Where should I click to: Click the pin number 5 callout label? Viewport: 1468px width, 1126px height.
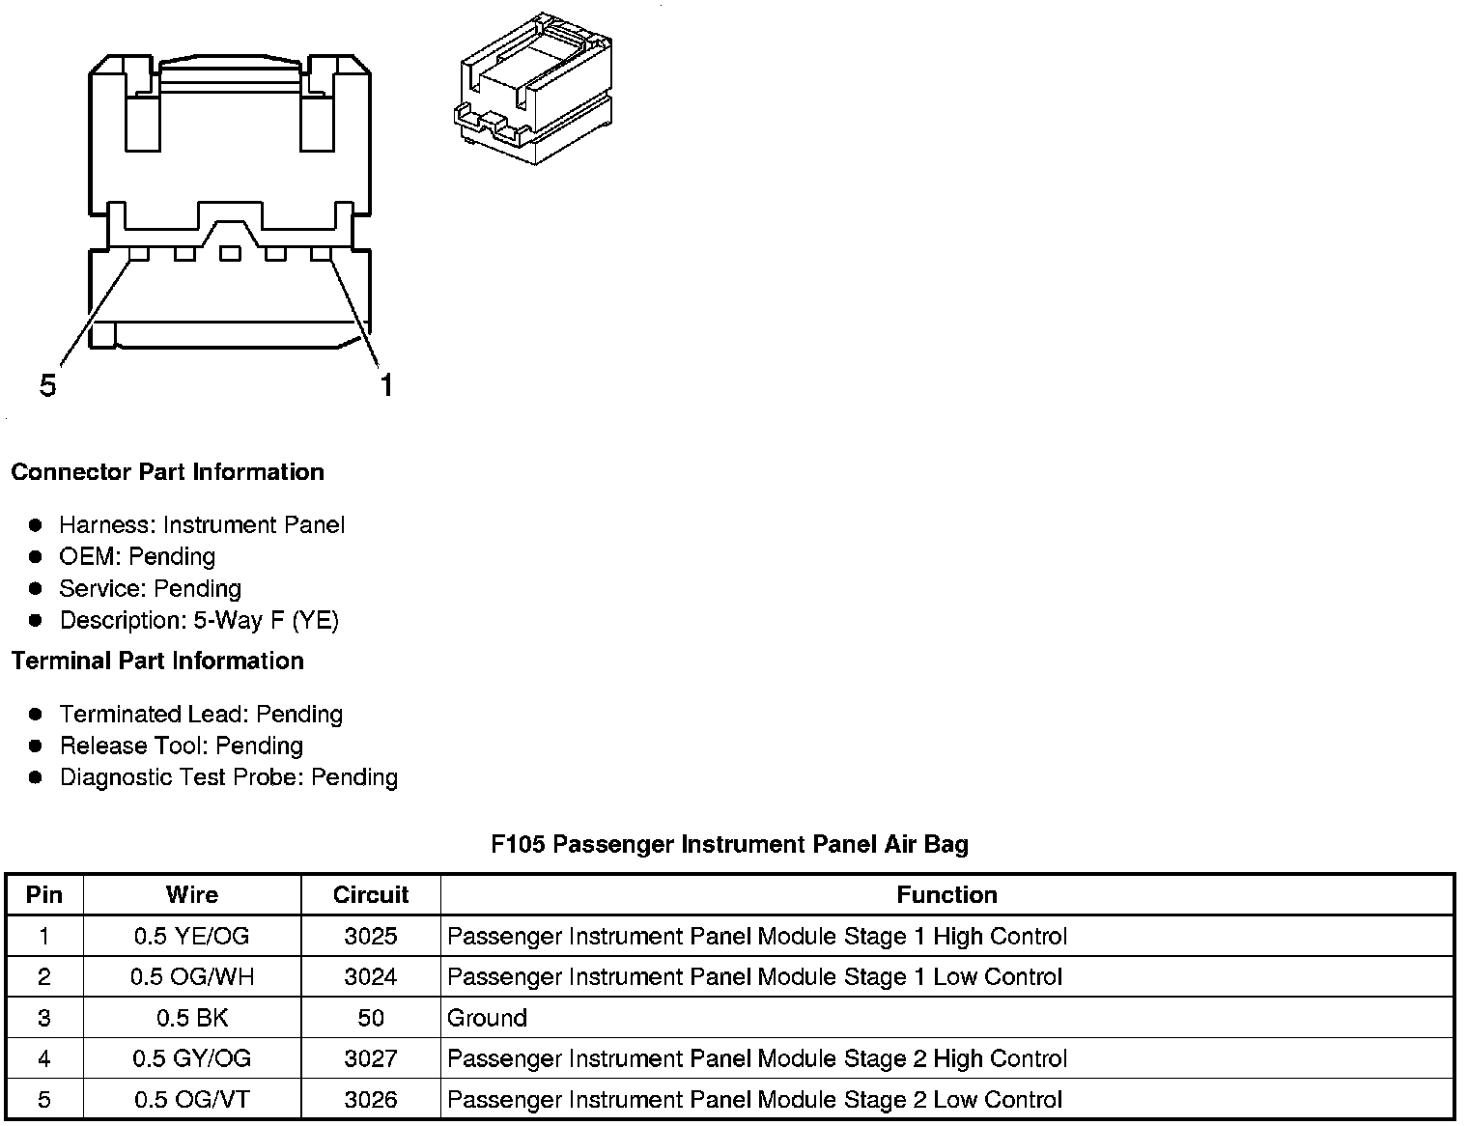click(48, 385)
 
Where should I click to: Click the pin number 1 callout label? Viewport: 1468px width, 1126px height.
click(386, 385)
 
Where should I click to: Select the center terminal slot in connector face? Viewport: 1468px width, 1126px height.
click(229, 254)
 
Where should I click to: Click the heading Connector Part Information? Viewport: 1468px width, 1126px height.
click(167, 472)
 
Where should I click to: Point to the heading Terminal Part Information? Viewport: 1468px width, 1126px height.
click(157, 661)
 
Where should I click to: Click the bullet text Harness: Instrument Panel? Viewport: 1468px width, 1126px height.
click(202, 524)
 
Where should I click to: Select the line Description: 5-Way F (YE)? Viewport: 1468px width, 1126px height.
click(199, 620)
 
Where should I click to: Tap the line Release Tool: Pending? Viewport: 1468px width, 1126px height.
click(182, 746)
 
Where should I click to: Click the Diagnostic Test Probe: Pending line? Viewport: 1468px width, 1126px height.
click(229, 777)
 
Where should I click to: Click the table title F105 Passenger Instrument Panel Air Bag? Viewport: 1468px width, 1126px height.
click(729, 844)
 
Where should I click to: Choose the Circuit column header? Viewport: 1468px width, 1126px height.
click(371, 894)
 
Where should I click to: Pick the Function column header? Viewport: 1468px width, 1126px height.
click(946, 894)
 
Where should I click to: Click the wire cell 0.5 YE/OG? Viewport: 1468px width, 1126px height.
click(192, 936)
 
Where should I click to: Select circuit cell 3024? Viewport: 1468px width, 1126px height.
click(371, 976)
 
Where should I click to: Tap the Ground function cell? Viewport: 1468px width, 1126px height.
click(488, 1018)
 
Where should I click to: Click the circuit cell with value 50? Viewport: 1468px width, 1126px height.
click(371, 1018)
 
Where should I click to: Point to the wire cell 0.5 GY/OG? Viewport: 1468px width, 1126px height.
click(192, 1058)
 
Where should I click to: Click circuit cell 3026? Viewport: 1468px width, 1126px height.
click(371, 1099)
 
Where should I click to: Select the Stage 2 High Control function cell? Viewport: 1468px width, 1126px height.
click(757, 1058)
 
